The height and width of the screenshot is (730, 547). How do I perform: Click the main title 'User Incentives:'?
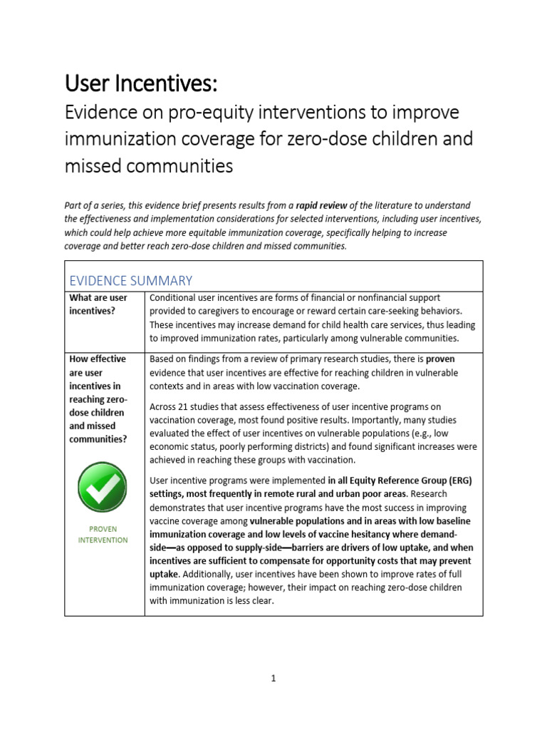tap(140, 84)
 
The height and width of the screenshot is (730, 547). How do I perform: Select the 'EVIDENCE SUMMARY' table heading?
tap(130, 280)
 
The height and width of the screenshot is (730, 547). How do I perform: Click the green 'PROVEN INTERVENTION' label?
tap(103, 535)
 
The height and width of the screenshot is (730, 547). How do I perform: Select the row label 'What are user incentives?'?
tap(98, 304)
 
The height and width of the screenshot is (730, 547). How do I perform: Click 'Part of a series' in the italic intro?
tap(97, 205)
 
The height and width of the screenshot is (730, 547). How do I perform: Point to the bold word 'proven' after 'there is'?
tap(440, 359)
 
